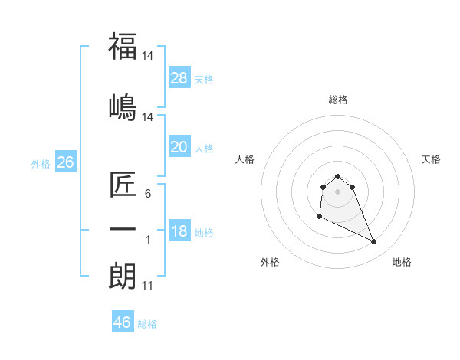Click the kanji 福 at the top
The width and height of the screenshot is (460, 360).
click(x=123, y=47)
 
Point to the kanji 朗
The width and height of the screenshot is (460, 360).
click(x=123, y=277)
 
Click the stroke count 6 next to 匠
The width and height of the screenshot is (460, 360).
click(x=148, y=194)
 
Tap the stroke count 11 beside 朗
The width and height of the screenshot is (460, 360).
click(x=148, y=286)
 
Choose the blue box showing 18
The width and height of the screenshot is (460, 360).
click(x=179, y=231)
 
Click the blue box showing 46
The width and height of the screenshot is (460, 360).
click(x=122, y=322)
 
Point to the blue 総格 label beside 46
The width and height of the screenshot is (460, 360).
click(x=147, y=324)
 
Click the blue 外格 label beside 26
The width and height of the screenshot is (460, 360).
click(x=41, y=164)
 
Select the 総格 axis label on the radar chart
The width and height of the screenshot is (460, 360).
click(x=337, y=100)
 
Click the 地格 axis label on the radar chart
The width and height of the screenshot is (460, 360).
click(x=402, y=262)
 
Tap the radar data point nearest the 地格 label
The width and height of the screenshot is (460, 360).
click(x=374, y=242)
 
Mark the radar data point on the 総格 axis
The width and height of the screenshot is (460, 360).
click(x=337, y=177)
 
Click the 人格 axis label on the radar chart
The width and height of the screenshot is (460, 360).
click(x=245, y=159)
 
